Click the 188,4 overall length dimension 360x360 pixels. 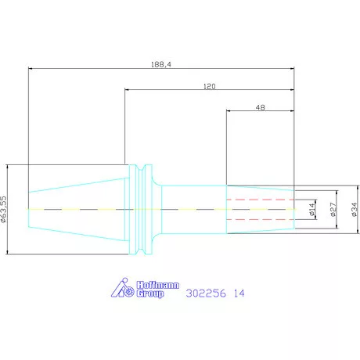161,64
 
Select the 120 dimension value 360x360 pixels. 210,86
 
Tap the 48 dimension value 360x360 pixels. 261,107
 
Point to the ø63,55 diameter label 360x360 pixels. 3,209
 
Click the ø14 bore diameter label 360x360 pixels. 312,210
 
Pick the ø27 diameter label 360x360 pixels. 333,210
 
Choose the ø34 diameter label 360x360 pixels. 355,210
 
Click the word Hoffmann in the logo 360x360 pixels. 158,285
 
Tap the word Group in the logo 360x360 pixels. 150,293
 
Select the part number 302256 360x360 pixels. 206,293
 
